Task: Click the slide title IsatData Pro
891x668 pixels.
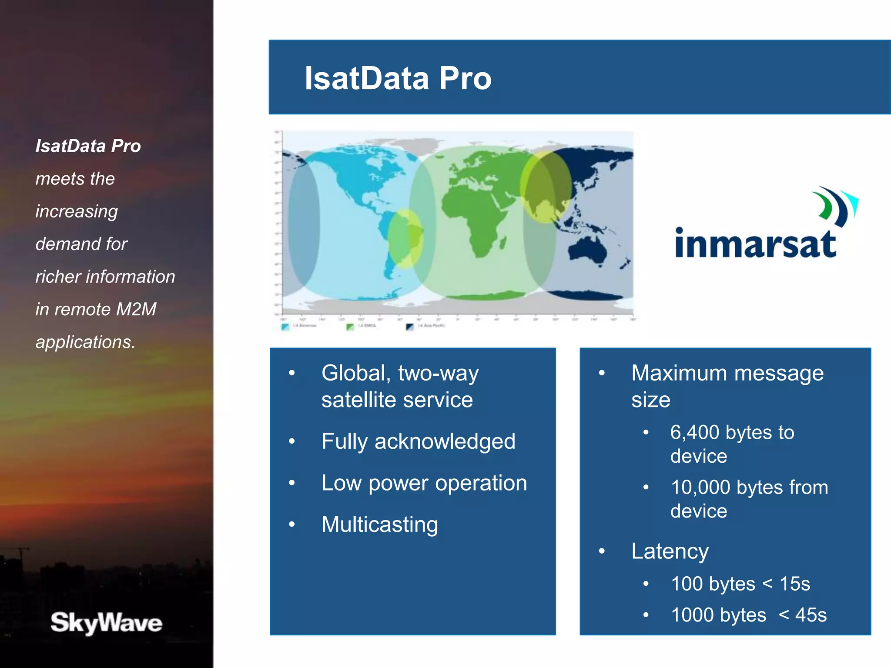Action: (x=398, y=78)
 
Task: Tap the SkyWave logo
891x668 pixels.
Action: (x=106, y=623)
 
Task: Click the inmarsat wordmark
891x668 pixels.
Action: (x=755, y=244)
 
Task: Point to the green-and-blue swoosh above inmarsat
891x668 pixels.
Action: (x=835, y=207)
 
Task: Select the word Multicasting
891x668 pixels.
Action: (x=379, y=524)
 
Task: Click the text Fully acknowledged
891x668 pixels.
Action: (x=418, y=441)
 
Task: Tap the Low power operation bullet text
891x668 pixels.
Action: (x=424, y=483)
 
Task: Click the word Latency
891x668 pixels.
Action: (x=670, y=551)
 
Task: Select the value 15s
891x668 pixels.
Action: (x=794, y=584)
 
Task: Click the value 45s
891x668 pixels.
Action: (x=811, y=615)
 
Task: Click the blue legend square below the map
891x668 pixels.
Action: (x=285, y=327)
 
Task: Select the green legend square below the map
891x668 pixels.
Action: (x=350, y=327)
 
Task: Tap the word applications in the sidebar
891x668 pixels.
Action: (x=85, y=342)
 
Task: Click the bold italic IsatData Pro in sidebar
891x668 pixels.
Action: (x=88, y=146)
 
